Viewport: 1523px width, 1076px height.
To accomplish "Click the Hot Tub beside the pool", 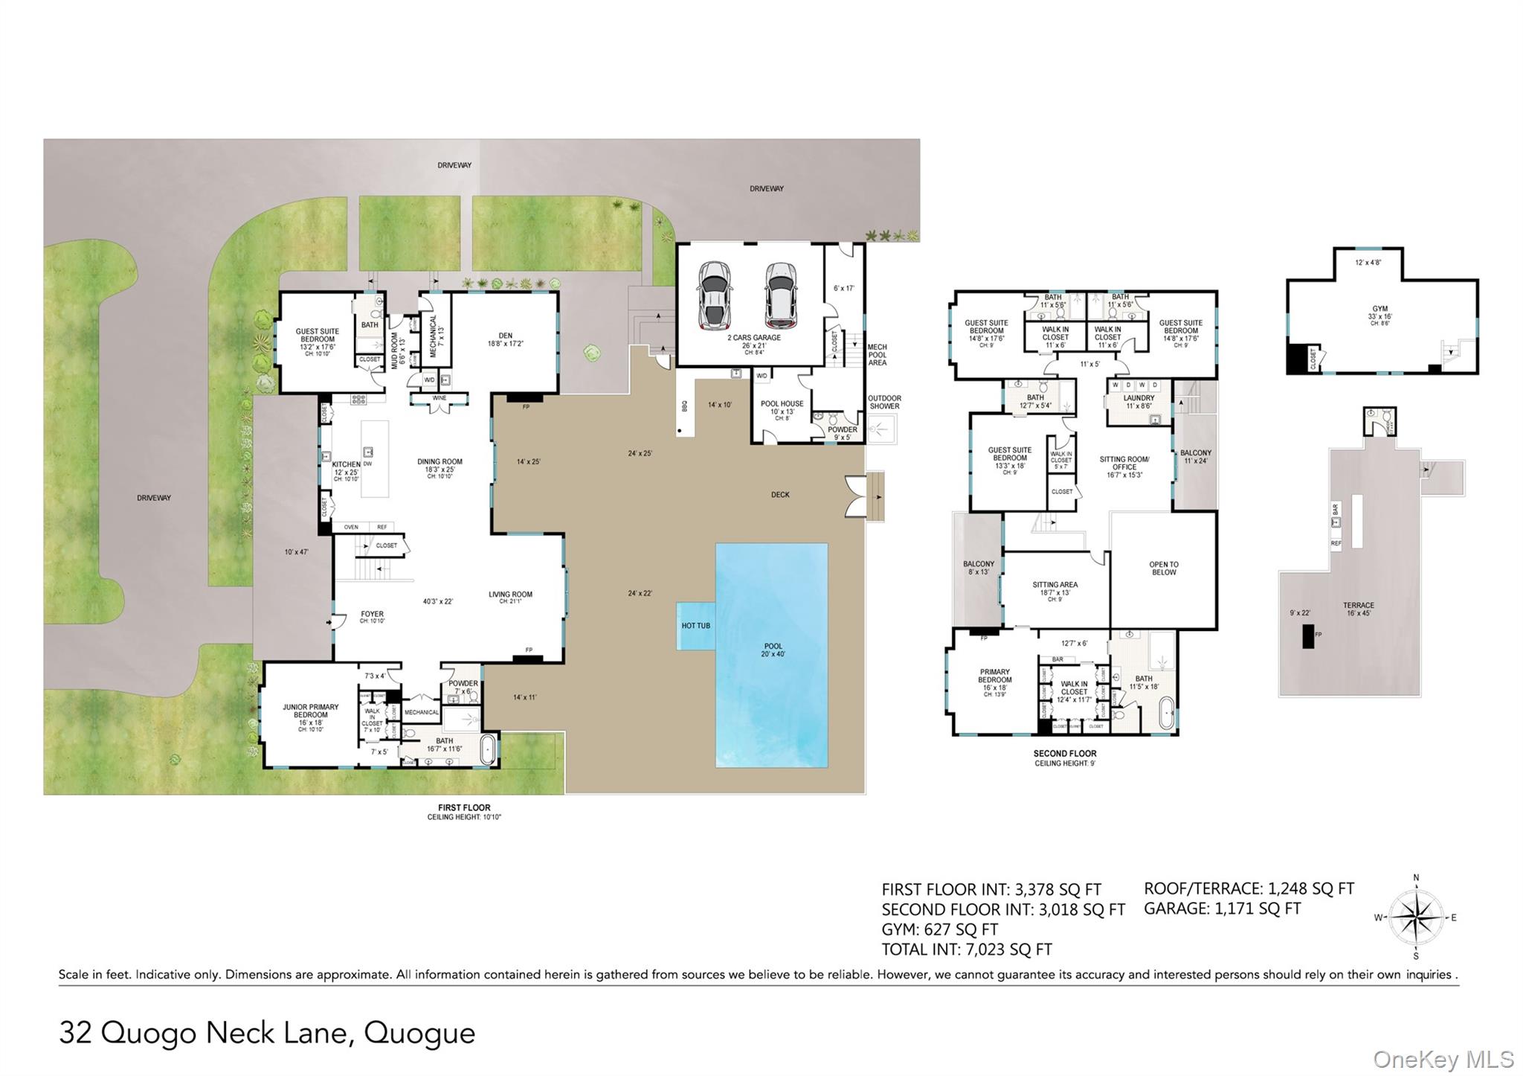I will (x=695, y=626).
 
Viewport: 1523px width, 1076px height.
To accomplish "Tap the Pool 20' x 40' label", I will (x=773, y=650).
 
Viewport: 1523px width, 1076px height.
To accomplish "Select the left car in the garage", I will (x=714, y=295).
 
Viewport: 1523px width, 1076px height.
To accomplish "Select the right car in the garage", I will (x=781, y=295).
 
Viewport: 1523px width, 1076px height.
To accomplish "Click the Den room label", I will (x=505, y=339).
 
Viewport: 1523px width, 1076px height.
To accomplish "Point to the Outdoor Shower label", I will (x=884, y=402).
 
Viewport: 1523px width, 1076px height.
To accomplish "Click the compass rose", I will (x=1415, y=918).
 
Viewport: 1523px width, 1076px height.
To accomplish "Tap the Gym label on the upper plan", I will (x=1379, y=312).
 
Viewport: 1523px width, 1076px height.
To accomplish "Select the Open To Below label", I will (x=1163, y=568).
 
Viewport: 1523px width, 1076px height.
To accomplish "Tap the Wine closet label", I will (x=439, y=398).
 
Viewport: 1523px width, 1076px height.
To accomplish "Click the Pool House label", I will (x=782, y=407).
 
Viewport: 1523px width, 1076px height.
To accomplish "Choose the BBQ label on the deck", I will (x=684, y=406).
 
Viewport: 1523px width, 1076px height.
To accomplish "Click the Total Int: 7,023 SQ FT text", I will (x=966, y=949).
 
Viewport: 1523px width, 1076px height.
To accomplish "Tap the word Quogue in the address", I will (x=419, y=1033).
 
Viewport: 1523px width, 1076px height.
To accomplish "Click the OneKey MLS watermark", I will (x=1443, y=1059).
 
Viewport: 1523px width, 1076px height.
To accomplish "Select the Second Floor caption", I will (x=1064, y=753).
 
